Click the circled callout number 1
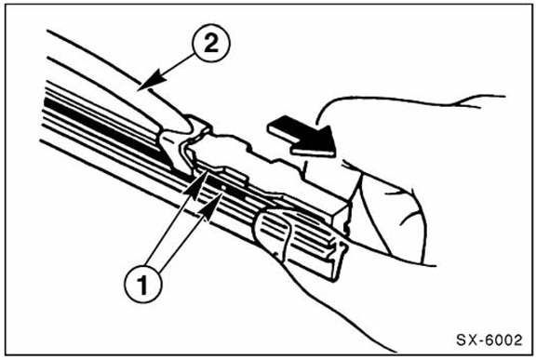pyautogui.click(x=143, y=284)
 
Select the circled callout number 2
pyautogui.click(x=211, y=43)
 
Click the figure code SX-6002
pyautogui.click(x=489, y=340)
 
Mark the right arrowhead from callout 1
pyautogui.click(x=213, y=205)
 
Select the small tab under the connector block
pyautogui.click(x=234, y=175)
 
